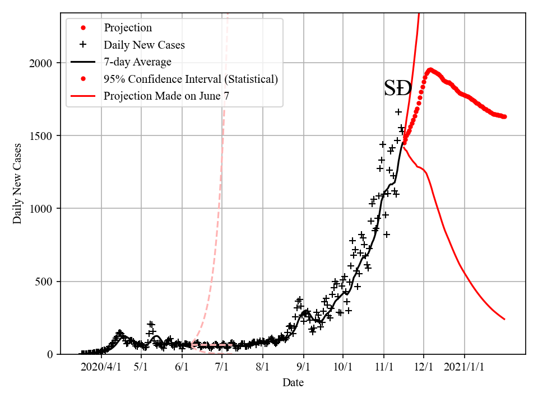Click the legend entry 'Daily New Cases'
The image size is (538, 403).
(144, 45)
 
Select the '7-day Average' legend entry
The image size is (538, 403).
(137, 62)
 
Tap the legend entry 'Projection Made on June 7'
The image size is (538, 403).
(166, 96)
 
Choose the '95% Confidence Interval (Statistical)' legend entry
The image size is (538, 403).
(191, 79)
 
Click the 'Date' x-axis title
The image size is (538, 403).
(293, 383)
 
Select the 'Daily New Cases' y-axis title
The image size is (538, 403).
(18, 184)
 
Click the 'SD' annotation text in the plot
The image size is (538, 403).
(398, 88)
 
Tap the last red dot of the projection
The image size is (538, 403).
(504, 116)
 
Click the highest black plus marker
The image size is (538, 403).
(398, 112)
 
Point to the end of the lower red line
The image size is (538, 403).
(504, 319)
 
